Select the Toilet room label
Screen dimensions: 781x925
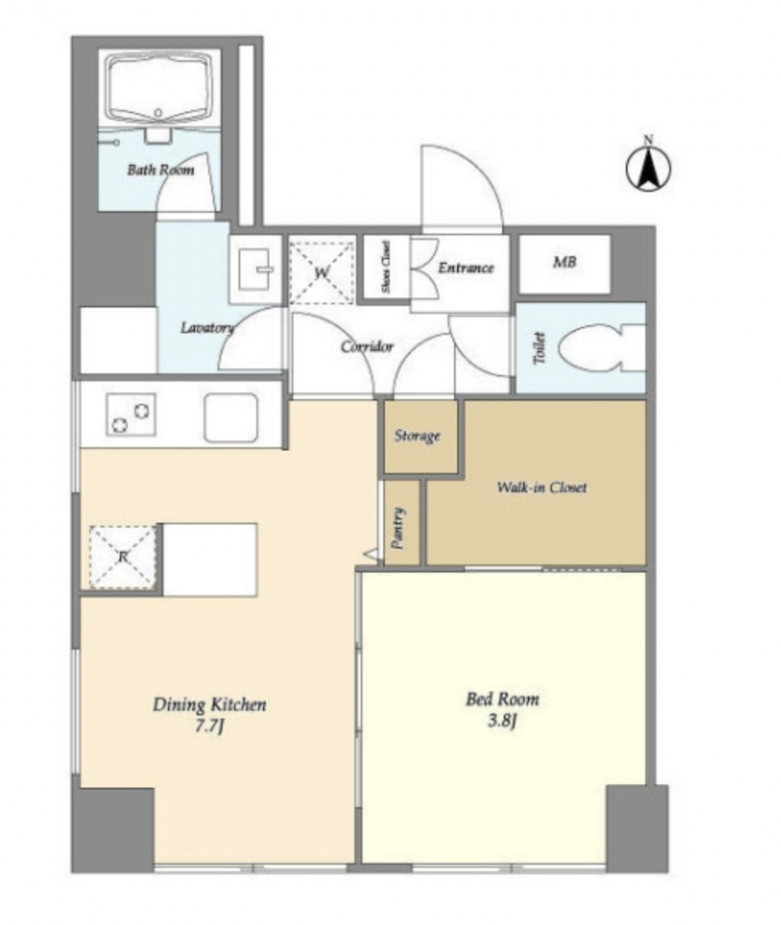539,348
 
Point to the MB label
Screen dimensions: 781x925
565,262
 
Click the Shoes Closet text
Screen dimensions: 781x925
386,267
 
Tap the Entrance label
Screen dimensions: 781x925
466,267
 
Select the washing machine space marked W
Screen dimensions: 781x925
321,272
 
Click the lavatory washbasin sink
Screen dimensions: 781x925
255,269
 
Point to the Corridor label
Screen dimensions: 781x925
367,346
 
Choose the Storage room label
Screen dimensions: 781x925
417,436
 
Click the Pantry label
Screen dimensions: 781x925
399,528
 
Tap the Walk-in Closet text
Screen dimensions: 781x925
541,487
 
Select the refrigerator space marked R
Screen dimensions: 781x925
124,556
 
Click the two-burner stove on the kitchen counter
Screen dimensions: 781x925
131,415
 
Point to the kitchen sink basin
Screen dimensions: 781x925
231,418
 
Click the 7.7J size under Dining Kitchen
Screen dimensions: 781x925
210,727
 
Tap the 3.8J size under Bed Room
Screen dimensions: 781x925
502,721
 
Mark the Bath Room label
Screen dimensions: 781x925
160,170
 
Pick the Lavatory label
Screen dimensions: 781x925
207,328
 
